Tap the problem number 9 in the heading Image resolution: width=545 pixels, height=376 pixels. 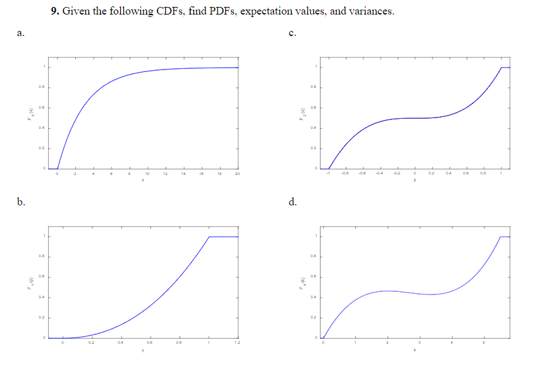click(x=55, y=11)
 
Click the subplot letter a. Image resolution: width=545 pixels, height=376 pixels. click(x=21, y=33)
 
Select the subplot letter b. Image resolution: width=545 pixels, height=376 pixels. click(x=21, y=202)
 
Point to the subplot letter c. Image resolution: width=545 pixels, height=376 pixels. click(x=291, y=33)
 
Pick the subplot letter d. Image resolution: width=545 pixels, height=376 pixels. click(x=292, y=202)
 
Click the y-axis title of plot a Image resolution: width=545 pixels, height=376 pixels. click(x=28, y=118)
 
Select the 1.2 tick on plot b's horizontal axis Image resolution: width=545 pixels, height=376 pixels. click(x=238, y=343)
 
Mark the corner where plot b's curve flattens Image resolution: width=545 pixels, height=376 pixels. click(x=209, y=236)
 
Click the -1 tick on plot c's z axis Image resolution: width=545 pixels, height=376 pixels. click(x=328, y=173)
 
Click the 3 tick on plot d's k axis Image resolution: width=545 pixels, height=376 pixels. click(x=419, y=343)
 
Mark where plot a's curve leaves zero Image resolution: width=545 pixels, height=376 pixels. click(x=58, y=168)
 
